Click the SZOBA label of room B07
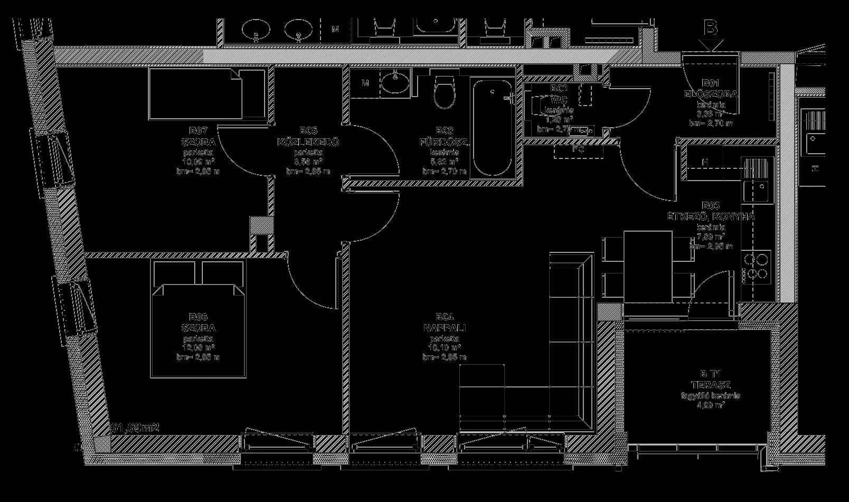point(198,142)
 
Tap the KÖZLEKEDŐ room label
point(308,142)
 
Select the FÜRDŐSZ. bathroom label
point(444,142)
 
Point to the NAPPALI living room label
point(444,328)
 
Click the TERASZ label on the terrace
point(711,385)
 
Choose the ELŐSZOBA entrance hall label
point(710,94)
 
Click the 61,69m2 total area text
point(135,428)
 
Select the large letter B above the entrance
point(711,27)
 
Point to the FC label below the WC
point(578,149)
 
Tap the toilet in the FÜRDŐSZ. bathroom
point(444,94)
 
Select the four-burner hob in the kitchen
point(757,266)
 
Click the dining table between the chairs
point(648,267)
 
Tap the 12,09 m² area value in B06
point(199,348)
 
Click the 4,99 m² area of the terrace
point(711,405)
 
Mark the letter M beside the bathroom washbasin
point(365,83)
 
